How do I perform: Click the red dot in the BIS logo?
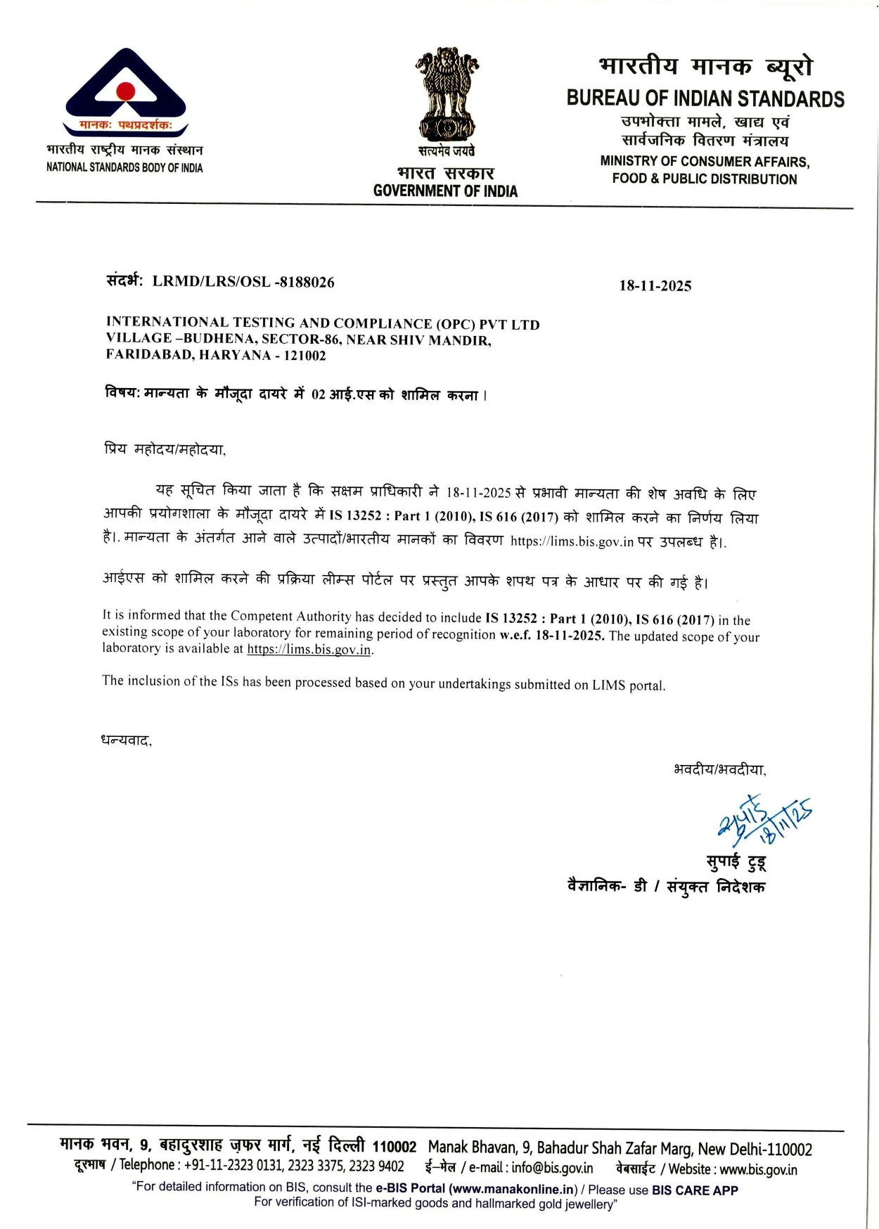pos(125,91)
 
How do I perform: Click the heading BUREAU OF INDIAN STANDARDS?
pos(705,98)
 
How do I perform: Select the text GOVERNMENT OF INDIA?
pos(445,191)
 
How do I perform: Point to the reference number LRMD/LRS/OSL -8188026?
pos(243,282)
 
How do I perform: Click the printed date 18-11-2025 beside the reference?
pos(655,285)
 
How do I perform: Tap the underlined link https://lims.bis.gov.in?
pos(309,650)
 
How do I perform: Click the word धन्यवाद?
pos(126,740)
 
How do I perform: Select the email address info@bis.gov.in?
pos(552,1169)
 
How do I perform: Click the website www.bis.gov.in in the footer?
pos(758,1170)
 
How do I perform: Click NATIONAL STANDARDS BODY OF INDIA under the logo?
pos(124,167)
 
